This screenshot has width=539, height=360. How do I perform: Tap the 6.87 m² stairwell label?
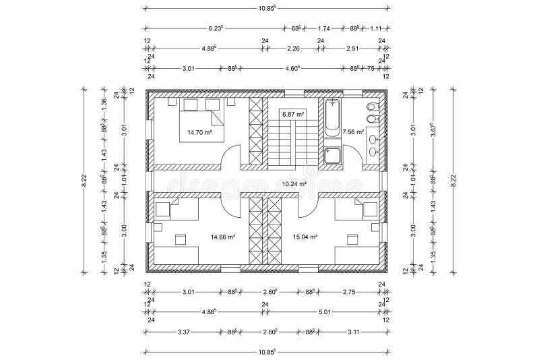pyautogui.click(x=293, y=113)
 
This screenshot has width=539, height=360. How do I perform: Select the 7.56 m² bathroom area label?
pyautogui.click(x=353, y=132)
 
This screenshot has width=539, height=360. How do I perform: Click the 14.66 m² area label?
pyautogui.click(x=222, y=237)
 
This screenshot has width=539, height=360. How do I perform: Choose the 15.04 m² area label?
pyautogui.click(x=305, y=237)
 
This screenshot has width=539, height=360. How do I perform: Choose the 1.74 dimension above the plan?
pyautogui.click(x=323, y=28)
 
